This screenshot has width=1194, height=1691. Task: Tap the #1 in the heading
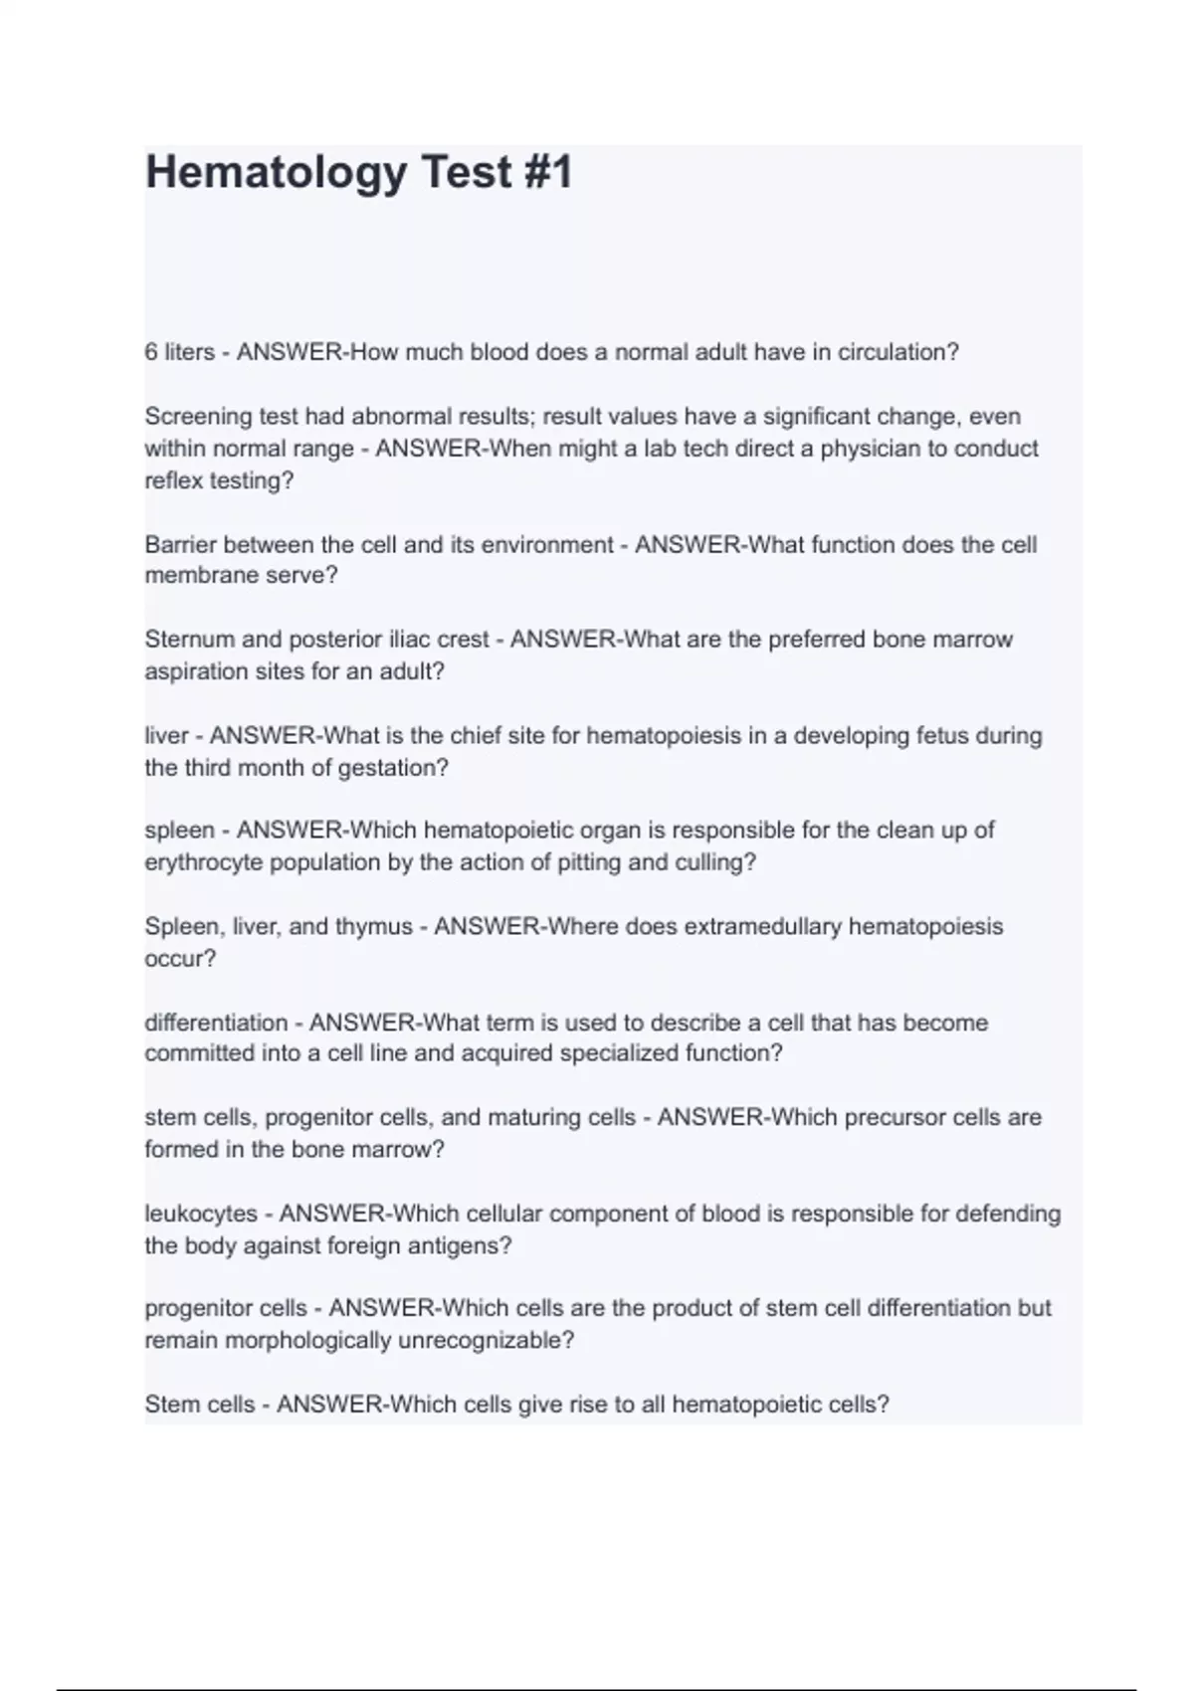[x=545, y=172]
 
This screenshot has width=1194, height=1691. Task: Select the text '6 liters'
[x=179, y=352]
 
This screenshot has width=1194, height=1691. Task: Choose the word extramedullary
[x=750, y=927]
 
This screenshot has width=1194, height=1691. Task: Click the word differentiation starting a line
[x=216, y=1023]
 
